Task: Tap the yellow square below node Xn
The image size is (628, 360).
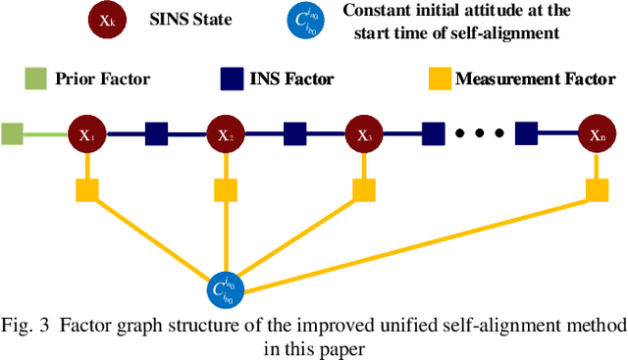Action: pyautogui.click(x=597, y=188)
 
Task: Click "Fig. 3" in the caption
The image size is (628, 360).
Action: pyautogui.click(x=25, y=326)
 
